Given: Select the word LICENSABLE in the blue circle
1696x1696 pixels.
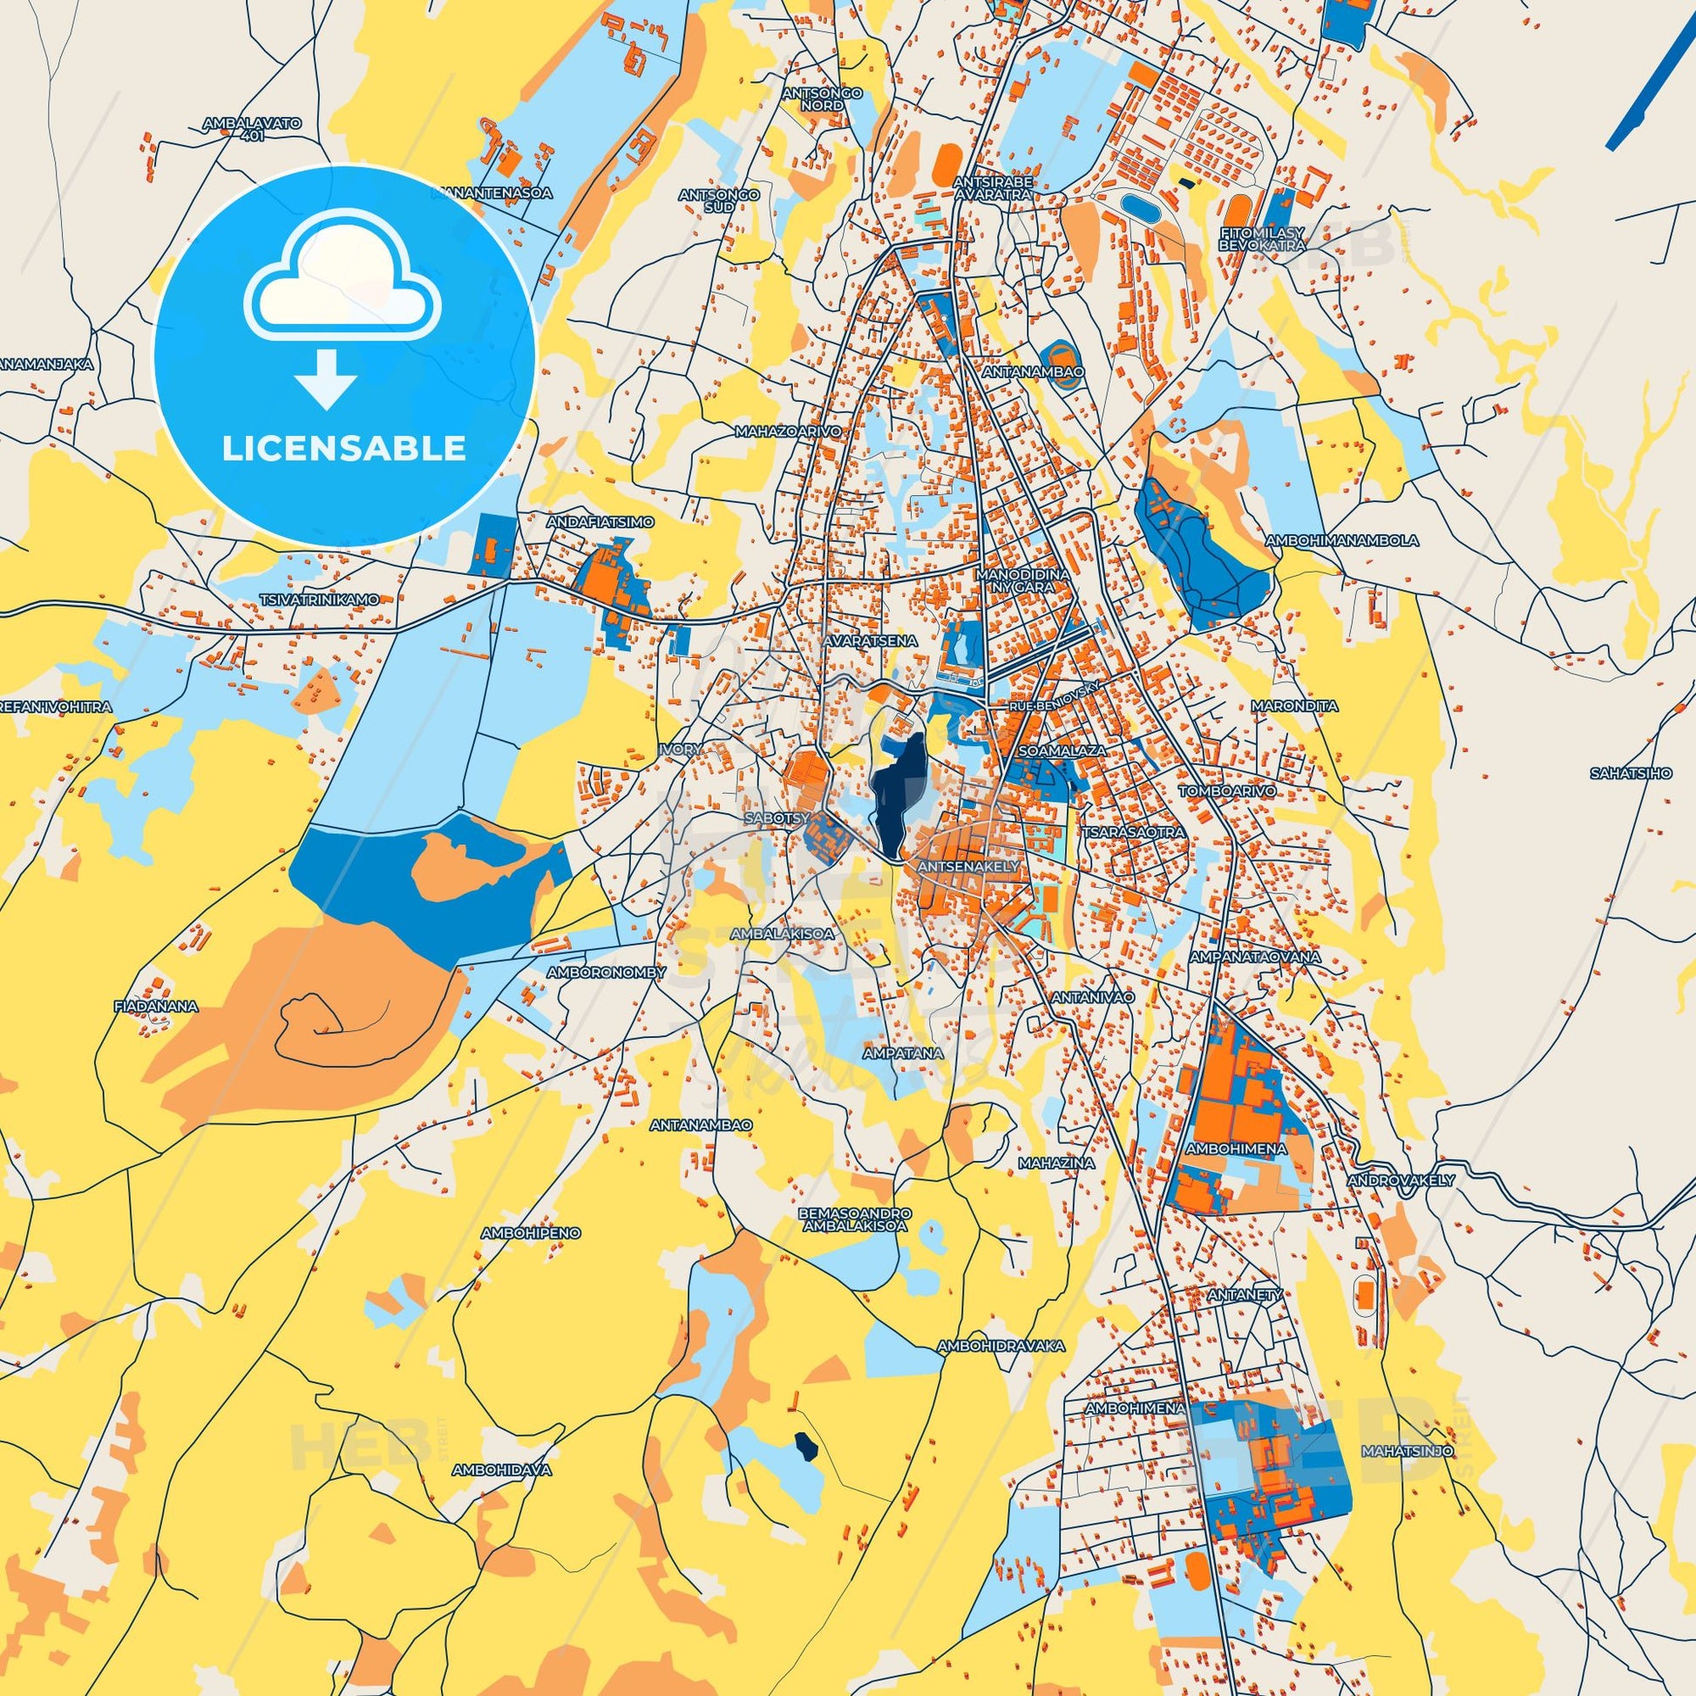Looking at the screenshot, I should click(x=344, y=449).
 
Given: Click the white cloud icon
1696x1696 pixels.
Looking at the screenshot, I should click(x=343, y=280).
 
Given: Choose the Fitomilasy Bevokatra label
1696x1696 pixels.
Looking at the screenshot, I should click(x=1261, y=239).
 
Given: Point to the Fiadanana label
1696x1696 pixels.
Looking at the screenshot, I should click(x=156, y=1006).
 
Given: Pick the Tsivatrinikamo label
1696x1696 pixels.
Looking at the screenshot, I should click(x=319, y=599).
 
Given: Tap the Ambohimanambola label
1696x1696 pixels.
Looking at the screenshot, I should click(x=1341, y=539).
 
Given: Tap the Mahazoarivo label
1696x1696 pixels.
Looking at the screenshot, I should click(x=789, y=432).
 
